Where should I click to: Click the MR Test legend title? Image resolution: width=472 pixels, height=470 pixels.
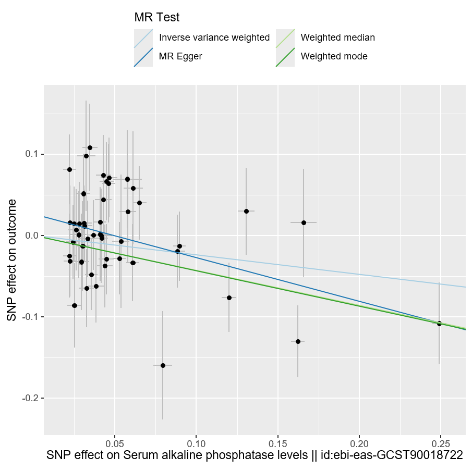tap(157, 17)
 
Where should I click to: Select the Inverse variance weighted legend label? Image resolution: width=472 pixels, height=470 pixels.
tap(214, 38)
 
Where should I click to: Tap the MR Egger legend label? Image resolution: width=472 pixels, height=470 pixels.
tap(180, 56)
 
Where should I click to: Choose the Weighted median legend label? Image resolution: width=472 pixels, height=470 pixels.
tap(338, 38)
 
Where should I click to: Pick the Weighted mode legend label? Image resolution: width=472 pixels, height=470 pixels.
tap(334, 56)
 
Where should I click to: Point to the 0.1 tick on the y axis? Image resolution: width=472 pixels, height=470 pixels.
tap(33, 154)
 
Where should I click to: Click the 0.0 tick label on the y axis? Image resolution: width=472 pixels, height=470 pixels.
tap(33, 236)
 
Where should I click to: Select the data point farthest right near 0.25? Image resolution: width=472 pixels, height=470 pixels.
tap(439, 324)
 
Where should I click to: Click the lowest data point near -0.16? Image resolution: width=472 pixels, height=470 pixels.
tap(163, 365)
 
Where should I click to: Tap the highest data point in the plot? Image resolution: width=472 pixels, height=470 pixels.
tap(90, 147)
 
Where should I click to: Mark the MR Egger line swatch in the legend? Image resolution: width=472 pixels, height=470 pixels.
tap(143, 56)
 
